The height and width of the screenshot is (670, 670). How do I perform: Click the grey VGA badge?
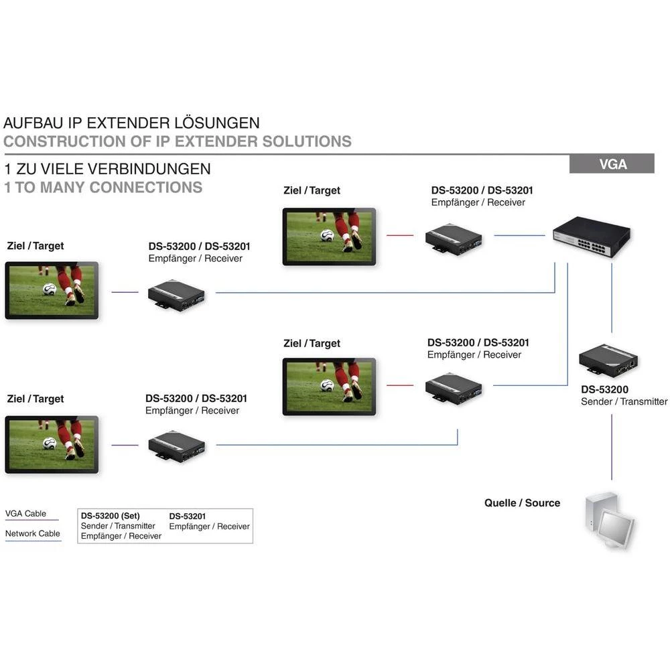(612, 163)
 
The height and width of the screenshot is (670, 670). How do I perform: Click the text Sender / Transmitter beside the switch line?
(624, 401)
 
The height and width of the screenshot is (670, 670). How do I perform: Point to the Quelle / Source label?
(522, 503)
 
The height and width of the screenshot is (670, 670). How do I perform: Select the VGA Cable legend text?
(26, 513)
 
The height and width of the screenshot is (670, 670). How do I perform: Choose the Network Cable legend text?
(33, 533)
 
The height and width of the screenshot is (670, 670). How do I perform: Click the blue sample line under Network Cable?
(33, 541)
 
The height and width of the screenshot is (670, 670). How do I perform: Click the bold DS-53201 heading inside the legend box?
(188, 516)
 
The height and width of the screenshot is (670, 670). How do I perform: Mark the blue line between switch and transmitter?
(611, 298)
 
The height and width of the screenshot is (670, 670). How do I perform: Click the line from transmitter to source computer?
(611, 446)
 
